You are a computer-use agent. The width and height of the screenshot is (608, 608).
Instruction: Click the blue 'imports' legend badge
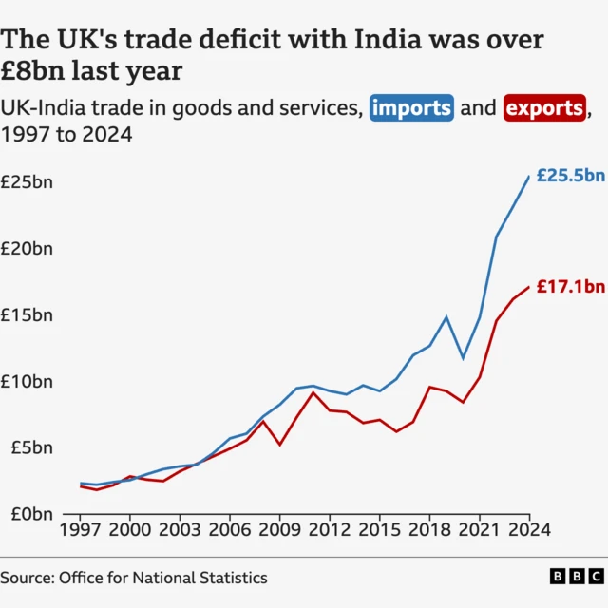[411, 108]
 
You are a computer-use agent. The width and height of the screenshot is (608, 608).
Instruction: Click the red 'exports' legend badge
[544, 108]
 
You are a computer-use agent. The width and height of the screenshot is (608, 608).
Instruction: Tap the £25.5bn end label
[570, 176]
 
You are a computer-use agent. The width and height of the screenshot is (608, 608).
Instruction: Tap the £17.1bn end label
[570, 286]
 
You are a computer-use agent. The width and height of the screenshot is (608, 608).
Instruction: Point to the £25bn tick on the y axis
[27, 181]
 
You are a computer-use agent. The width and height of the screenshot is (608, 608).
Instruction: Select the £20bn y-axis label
[27, 248]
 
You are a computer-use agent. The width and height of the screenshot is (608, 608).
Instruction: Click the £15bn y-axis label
[27, 314]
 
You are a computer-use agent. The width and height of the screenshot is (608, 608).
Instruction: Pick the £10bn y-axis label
[27, 381]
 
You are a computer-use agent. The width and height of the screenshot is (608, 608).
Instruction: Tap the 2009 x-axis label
[279, 529]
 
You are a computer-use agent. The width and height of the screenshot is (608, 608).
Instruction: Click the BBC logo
[576, 577]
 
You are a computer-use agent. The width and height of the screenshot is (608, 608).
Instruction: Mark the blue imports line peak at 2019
[446, 316]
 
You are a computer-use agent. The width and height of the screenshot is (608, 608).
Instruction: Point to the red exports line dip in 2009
[279, 445]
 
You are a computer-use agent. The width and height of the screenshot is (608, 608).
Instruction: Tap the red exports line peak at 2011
[313, 392]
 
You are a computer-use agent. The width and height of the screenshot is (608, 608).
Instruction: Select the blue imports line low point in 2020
[463, 358]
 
